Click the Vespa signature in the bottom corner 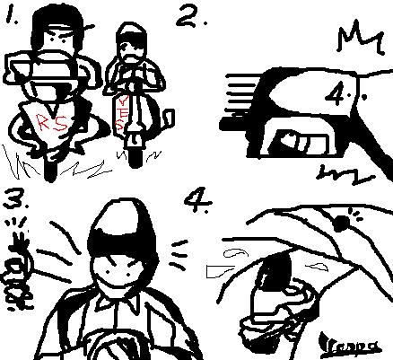click(x=358, y=341)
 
